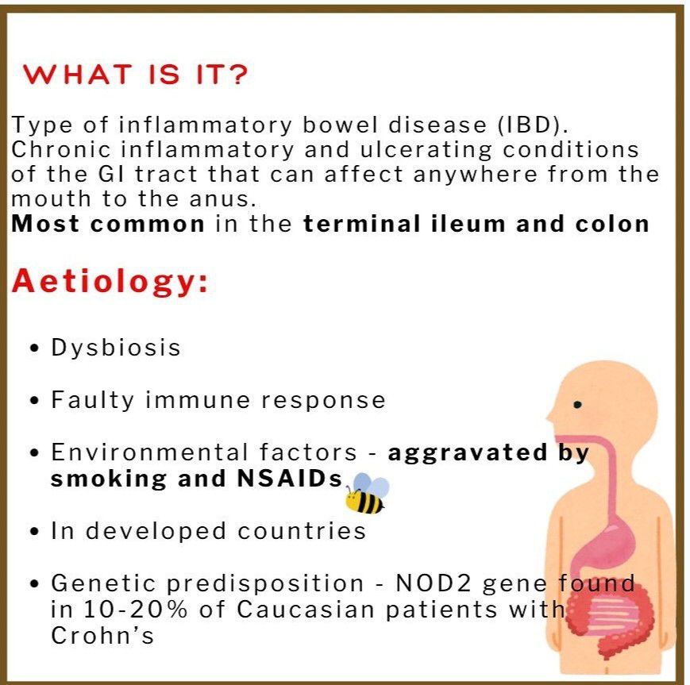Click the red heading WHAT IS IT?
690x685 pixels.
point(136,74)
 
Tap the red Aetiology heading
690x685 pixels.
point(110,282)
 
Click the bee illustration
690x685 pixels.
point(367,493)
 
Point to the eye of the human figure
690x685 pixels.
point(578,404)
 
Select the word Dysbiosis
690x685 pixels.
point(116,348)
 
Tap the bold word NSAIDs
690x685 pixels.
point(290,478)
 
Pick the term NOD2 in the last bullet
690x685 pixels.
point(434,583)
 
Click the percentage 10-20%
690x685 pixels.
point(136,610)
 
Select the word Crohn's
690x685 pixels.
point(102,635)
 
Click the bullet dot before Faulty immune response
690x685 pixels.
point(35,401)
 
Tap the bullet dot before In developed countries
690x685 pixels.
point(35,532)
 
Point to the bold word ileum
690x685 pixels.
point(468,224)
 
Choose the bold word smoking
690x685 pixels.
point(109,479)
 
